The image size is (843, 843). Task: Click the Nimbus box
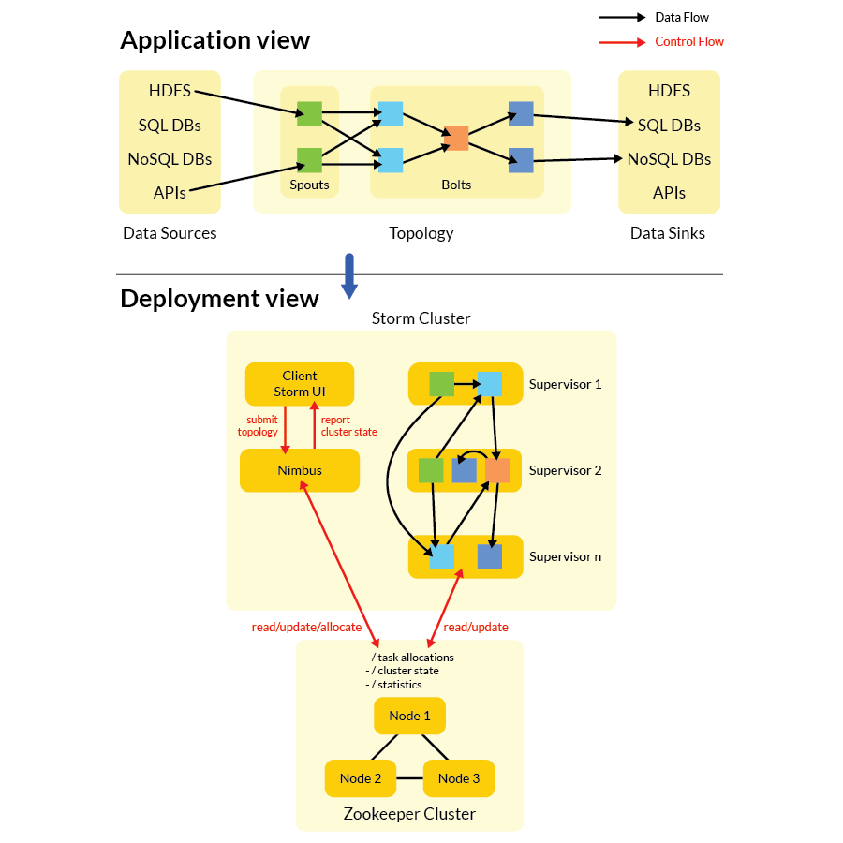300,470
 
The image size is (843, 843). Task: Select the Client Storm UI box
300,384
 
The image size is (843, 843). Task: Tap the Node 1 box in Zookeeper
409,716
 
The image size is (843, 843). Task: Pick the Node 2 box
360,778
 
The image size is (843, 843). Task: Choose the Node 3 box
459,778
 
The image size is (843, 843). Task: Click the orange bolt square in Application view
456,138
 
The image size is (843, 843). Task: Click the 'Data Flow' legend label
682,17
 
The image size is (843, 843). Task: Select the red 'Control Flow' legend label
689,41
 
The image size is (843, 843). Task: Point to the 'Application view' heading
214,40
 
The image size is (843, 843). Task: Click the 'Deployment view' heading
219,299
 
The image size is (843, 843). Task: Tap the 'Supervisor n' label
565,556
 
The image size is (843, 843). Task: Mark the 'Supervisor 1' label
565,384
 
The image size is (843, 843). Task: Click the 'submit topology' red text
258,426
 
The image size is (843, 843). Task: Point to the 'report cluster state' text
348,426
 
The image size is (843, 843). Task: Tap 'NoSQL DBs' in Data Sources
170,159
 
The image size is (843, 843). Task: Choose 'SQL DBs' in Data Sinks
669,126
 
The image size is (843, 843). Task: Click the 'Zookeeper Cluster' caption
409,814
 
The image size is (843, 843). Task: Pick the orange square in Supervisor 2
497,470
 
